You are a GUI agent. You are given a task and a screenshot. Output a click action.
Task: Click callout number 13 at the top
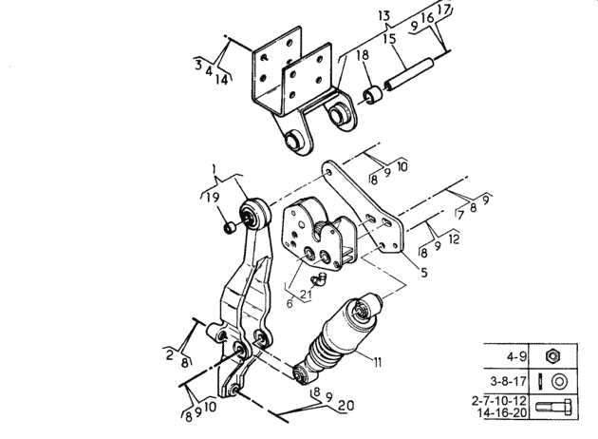point(384,16)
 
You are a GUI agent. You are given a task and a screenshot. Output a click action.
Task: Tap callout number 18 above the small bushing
point(363,55)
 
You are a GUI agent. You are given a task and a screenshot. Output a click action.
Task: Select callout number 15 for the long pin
point(390,39)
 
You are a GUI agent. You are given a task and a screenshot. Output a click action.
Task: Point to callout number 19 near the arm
point(213,198)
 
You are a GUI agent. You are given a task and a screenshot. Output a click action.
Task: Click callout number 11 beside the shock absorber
point(377,361)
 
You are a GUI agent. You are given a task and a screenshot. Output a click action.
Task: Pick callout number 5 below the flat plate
point(424,272)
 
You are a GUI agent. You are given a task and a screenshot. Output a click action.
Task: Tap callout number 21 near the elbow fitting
point(306,295)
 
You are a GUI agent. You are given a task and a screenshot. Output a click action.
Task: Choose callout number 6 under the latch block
point(290,303)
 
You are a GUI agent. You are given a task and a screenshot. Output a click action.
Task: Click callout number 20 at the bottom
point(346,406)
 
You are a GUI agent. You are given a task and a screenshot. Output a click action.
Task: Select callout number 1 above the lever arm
point(215,169)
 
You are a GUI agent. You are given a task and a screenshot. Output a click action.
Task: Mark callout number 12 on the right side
point(454,239)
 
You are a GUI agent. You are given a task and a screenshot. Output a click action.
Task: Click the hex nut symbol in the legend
point(551,356)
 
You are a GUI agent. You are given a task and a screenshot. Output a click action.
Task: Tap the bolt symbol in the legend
point(553,407)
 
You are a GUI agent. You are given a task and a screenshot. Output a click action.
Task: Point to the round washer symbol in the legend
point(559,381)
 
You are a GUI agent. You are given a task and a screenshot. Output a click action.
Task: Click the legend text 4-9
point(516,356)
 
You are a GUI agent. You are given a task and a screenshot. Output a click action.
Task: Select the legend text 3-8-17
point(508,381)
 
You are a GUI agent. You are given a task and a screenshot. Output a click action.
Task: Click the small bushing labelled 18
point(373,96)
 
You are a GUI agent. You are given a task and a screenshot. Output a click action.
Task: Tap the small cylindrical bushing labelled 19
point(230,227)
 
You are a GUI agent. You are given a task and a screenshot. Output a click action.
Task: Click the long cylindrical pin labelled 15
point(408,74)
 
